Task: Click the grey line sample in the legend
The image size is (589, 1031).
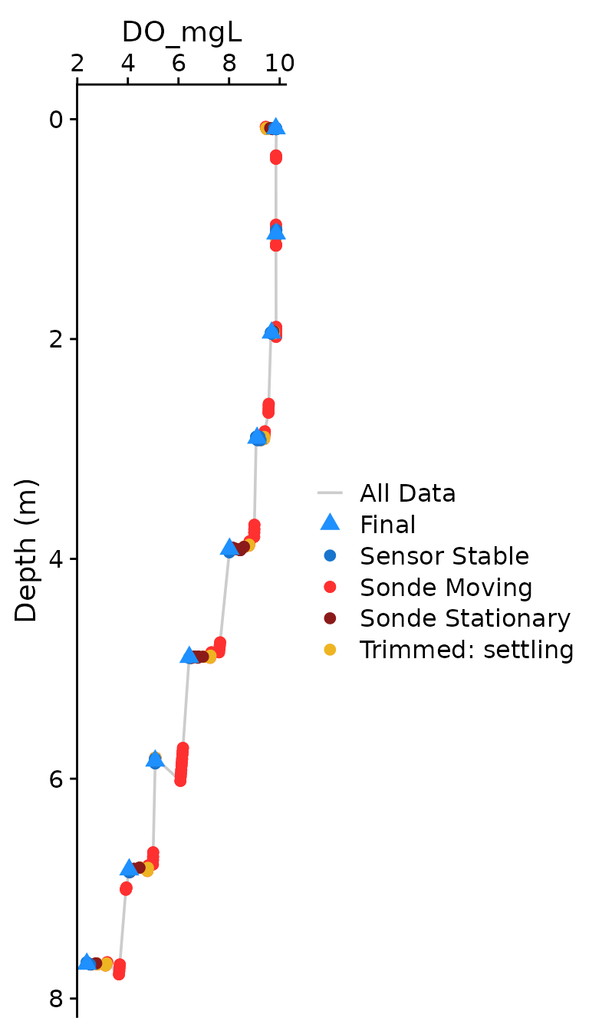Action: click(x=330, y=492)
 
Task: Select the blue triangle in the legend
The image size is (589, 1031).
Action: click(x=330, y=522)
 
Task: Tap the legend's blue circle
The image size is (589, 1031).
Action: click(x=330, y=555)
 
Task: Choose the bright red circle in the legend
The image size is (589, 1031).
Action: click(x=330, y=587)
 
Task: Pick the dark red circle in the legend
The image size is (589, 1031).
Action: click(x=330, y=618)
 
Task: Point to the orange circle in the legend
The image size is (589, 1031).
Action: click(x=330, y=650)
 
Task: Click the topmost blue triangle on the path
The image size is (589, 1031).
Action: click(x=277, y=127)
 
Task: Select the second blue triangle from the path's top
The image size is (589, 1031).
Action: click(x=276, y=232)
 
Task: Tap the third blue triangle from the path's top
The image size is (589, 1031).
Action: click(x=271, y=331)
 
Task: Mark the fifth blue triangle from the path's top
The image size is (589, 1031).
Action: click(x=229, y=548)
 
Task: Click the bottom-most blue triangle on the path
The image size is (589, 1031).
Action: click(x=87, y=962)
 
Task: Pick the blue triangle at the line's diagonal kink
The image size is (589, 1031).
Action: click(x=155, y=759)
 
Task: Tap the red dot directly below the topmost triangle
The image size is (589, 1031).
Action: click(x=276, y=157)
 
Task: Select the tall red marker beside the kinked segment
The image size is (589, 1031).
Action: click(x=182, y=764)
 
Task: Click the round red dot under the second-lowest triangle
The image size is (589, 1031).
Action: click(x=126, y=888)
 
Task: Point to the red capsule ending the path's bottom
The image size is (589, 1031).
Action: click(x=119, y=970)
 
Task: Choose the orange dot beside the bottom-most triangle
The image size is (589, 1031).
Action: click(x=107, y=964)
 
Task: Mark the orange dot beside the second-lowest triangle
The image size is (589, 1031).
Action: click(x=147, y=870)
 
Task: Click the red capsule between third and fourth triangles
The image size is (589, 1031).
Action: click(x=268, y=408)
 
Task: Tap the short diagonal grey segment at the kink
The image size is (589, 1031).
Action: click(x=167, y=769)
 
